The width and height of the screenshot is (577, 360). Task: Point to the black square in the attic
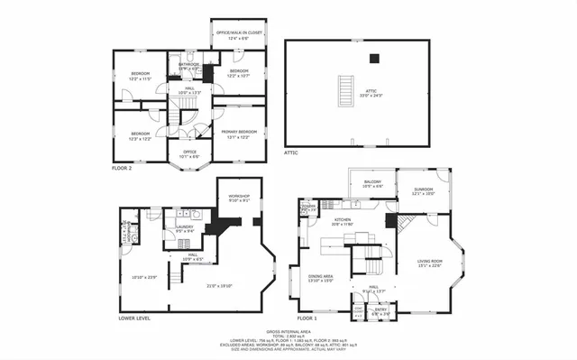[375, 60]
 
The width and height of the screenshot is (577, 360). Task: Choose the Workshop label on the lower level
[238, 198]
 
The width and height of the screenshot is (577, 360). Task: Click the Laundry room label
[185, 228]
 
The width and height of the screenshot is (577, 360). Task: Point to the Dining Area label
[322, 278]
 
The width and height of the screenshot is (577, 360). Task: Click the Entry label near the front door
[380, 311]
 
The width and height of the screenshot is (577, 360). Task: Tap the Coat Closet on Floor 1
[358, 311]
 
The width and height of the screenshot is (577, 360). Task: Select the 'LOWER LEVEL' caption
[134, 318]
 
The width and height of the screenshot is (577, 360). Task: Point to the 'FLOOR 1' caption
[308, 318]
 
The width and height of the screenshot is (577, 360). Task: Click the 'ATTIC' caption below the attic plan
[291, 152]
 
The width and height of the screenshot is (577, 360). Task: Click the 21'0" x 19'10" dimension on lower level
[207, 285]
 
